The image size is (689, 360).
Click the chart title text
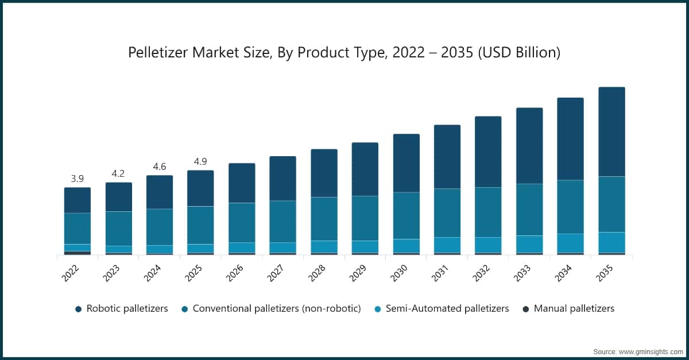click(344, 53)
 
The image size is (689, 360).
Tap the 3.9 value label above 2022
click(77, 179)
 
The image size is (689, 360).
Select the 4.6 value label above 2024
click(160, 167)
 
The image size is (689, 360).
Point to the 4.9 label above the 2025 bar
click(200, 161)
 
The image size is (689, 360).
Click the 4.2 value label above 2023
click(118, 173)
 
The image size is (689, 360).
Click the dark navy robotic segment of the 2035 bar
click(611, 132)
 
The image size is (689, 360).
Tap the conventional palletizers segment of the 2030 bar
click(406, 215)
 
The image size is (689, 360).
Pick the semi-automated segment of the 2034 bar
click(570, 243)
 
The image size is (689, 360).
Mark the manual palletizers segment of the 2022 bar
click(78, 253)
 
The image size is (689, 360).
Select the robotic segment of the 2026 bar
click(242, 183)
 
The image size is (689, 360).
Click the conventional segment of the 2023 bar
click(118, 229)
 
